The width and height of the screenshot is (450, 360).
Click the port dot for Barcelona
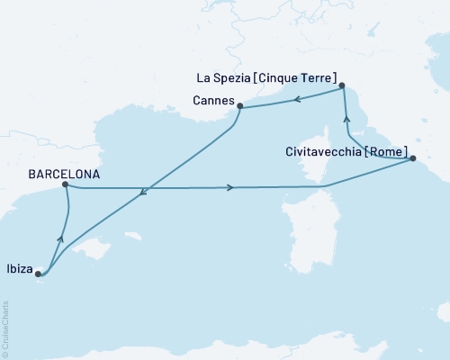(65, 184)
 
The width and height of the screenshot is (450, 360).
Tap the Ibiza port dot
(37, 275)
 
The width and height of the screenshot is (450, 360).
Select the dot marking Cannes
(240, 106)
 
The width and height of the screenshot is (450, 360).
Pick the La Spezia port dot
(343, 86)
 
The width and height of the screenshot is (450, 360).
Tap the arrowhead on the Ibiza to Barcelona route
(60, 238)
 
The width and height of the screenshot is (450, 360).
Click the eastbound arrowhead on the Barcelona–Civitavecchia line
(231, 188)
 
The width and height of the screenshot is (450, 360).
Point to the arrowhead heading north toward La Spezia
(346, 118)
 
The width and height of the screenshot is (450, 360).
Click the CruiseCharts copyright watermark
(5, 329)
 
